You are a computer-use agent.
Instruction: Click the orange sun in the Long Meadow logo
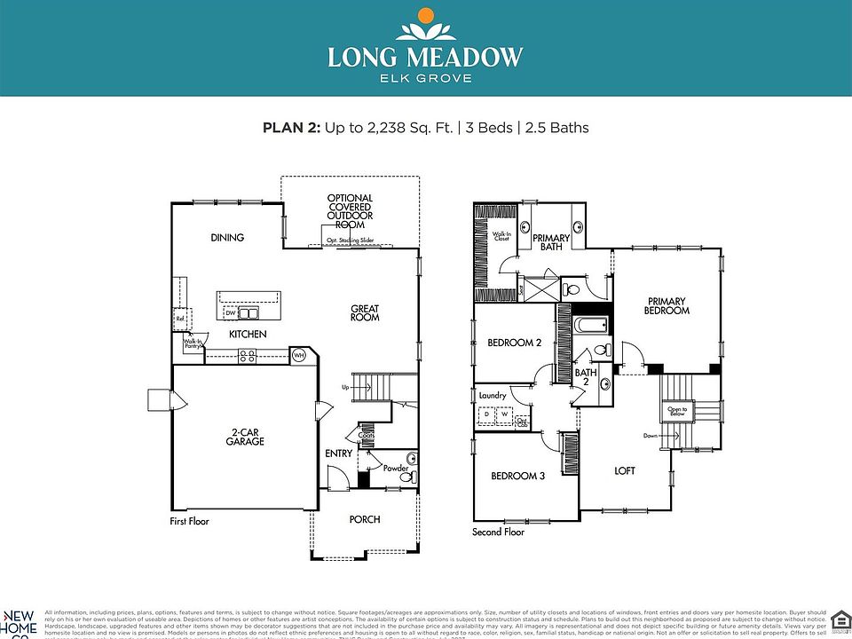(x=425, y=15)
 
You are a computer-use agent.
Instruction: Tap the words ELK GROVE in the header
(x=425, y=77)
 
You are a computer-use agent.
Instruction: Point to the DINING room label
(x=227, y=238)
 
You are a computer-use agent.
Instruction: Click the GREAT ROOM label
(x=365, y=314)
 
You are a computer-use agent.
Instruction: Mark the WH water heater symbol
(x=299, y=355)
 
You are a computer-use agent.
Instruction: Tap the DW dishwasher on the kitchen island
(x=230, y=313)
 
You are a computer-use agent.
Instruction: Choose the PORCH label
(x=364, y=519)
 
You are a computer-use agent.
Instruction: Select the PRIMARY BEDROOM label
(x=668, y=306)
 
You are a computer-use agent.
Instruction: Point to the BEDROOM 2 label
(x=515, y=343)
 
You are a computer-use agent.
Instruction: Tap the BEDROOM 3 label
(x=518, y=477)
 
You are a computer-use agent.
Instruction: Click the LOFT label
(x=625, y=470)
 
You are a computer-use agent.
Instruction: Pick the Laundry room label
(x=492, y=395)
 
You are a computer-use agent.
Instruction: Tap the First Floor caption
(x=189, y=521)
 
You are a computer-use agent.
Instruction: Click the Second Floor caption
(x=498, y=532)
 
